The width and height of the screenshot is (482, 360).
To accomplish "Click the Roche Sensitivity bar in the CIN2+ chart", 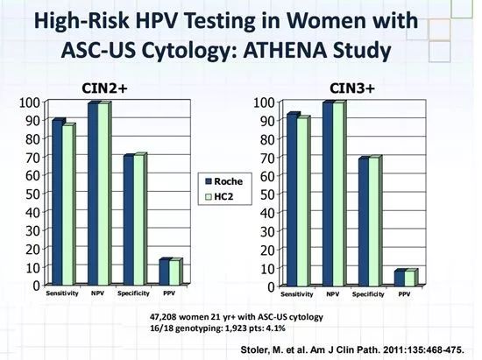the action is [58, 202].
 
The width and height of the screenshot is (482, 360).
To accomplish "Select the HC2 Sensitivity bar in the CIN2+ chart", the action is [68, 205].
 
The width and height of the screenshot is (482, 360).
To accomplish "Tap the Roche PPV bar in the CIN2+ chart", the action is [164, 272].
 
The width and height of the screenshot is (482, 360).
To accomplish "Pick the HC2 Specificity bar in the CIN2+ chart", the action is [139, 220].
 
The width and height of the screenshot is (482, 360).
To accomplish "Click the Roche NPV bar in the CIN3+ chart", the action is [328, 194].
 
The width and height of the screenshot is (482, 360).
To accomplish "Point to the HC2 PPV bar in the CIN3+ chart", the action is [409, 279].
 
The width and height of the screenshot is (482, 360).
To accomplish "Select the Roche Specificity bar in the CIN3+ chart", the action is [364, 222].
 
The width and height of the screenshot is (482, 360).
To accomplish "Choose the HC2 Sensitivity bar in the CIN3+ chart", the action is [302, 201].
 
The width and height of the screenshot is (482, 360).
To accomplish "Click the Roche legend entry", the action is [223, 181].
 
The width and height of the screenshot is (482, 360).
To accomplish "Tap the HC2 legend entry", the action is [219, 196].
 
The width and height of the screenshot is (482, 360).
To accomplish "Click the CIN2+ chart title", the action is [104, 88].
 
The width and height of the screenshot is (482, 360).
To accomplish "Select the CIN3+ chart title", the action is [352, 88].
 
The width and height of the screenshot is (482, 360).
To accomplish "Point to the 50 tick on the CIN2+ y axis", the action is [33, 194].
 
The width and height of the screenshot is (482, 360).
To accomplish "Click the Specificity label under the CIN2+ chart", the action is [133, 293].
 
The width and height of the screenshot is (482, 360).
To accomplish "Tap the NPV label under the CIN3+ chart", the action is [333, 294].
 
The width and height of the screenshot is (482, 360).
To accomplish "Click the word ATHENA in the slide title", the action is [286, 51].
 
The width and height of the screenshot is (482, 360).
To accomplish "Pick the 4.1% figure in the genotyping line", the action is [276, 328].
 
